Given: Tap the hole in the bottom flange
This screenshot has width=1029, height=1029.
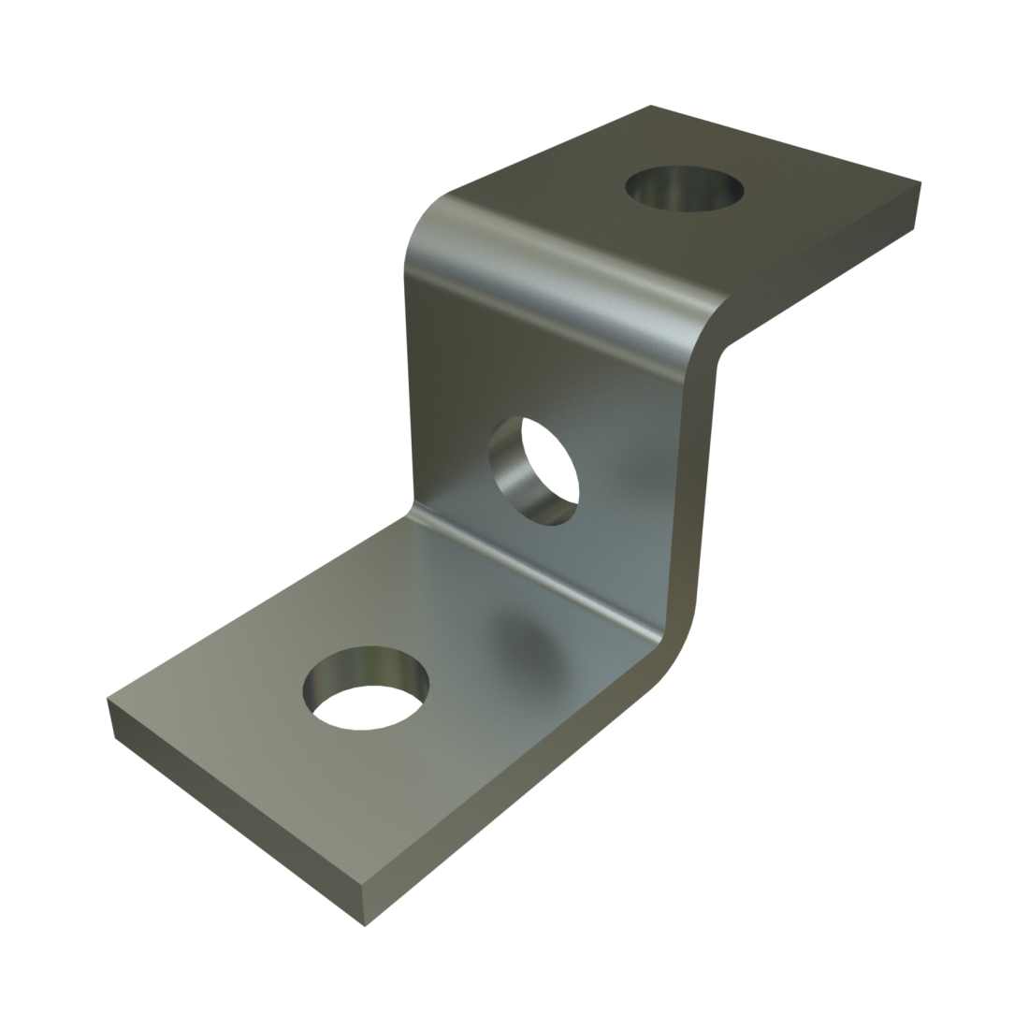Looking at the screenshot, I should [x=365, y=688].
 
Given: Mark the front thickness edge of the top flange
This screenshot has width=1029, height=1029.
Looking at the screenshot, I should [x=823, y=271].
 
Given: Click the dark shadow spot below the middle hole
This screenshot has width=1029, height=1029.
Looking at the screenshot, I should [x=524, y=636].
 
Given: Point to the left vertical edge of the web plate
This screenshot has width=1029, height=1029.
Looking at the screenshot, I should [x=409, y=374].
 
